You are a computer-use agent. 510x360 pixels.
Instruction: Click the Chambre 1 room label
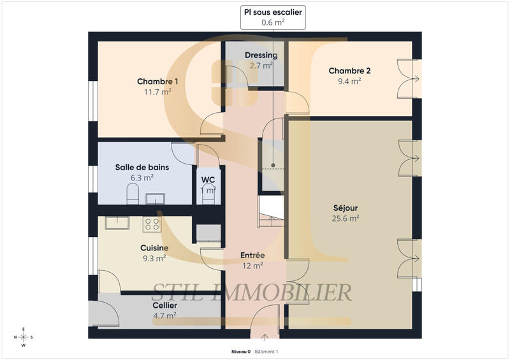point(157,82)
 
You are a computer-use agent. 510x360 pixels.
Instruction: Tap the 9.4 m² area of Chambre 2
point(349,81)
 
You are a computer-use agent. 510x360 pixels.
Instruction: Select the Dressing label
point(261,55)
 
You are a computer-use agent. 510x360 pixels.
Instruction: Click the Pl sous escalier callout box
point(273,17)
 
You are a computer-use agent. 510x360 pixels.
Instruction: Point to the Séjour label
point(346,208)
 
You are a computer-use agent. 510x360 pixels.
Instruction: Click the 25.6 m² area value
point(346,218)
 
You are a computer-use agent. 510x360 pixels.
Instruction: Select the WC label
point(208,180)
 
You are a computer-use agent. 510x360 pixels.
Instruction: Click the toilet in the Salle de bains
point(133,194)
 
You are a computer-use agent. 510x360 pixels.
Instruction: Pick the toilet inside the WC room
point(208,196)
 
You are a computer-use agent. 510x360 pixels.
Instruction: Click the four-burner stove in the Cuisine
point(152,224)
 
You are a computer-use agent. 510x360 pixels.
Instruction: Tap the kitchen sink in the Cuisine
point(117,222)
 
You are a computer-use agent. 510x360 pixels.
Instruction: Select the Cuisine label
point(154,248)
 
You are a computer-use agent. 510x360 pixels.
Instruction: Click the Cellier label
point(165,305)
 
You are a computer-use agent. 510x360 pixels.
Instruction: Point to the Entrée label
point(252,256)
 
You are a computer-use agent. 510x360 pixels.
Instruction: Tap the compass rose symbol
point(24,338)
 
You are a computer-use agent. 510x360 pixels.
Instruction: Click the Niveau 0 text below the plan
point(241,352)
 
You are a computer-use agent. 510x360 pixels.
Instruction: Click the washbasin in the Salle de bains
point(155,199)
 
